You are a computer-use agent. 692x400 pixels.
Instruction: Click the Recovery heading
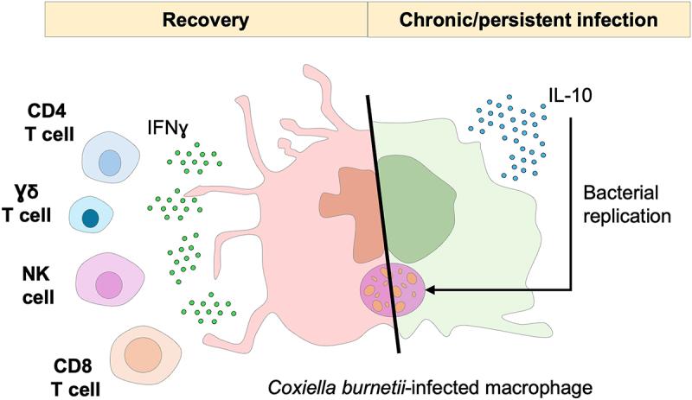pyautogui.click(x=206, y=18)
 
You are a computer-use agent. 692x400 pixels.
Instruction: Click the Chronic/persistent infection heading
pyautogui.click(x=530, y=18)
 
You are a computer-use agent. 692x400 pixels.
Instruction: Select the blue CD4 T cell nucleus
pyautogui.click(x=110, y=162)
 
